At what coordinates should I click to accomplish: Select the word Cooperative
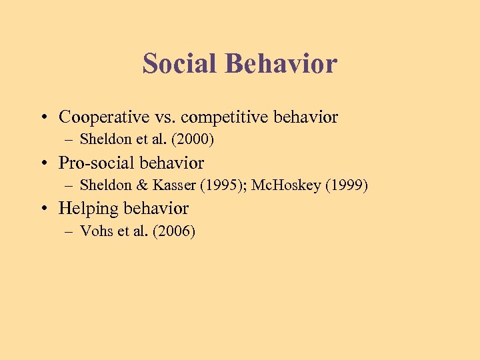100,117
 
